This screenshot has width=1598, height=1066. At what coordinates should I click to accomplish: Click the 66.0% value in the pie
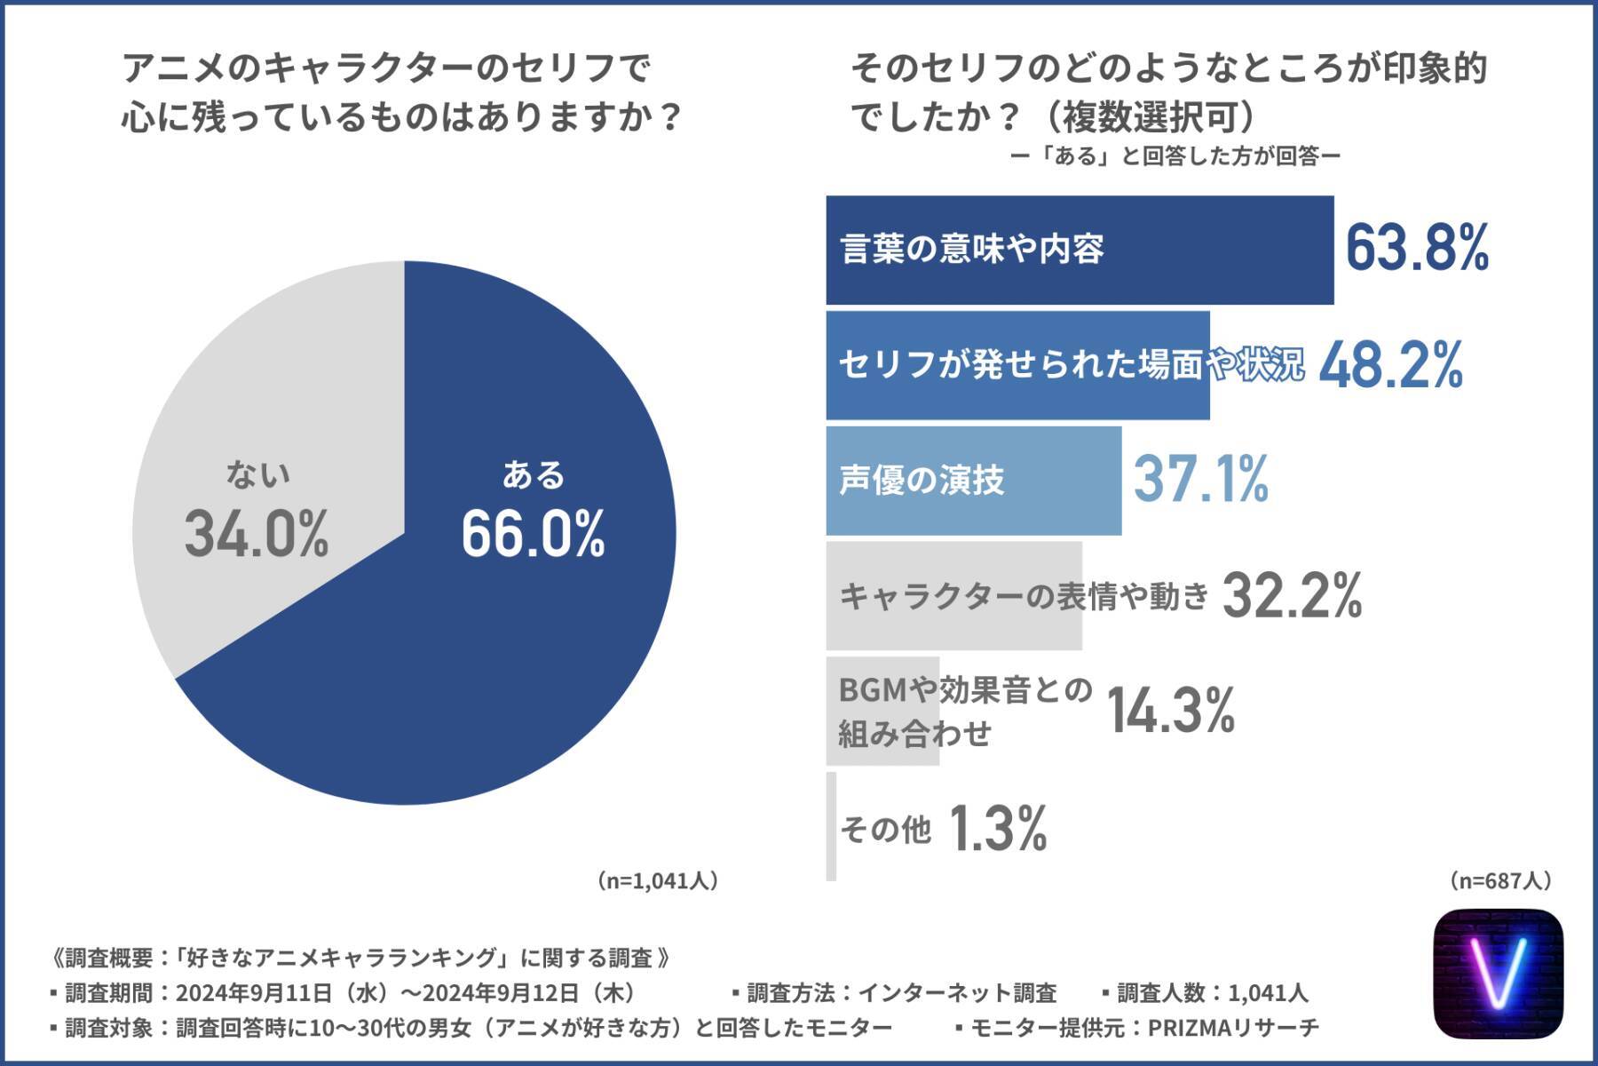pyautogui.click(x=533, y=534)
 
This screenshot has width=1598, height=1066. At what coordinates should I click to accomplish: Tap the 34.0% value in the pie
pyautogui.click(x=257, y=534)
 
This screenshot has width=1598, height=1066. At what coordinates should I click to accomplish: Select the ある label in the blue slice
pyautogui.click(x=533, y=475)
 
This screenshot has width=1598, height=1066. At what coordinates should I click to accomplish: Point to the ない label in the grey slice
pyautogui.click(x=257, y=475)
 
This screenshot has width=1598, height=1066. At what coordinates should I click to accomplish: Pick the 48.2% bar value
pyautogui.click(x=1390, y=365)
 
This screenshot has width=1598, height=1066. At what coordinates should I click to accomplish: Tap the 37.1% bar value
pyautogui.click(x=1201, y=480)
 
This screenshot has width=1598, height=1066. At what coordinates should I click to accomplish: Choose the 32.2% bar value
pyautogui.click(x=1292, y=596)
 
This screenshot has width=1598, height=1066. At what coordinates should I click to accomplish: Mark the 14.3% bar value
pyautogui.click(x=1171, y=711)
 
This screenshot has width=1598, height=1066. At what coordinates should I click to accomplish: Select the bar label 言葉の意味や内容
pyautogui.click(x=972, y=250)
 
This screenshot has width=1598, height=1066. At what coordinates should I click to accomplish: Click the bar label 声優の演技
pyautogui.click(x=922, y=481)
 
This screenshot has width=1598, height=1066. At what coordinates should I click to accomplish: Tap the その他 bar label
pyautogui.click(x=885, y=830)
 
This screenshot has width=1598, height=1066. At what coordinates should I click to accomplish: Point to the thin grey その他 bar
pyautogui.click(x=831, y=826)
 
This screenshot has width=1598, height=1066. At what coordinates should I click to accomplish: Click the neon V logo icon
pyautogui.click(x=1498, y=974)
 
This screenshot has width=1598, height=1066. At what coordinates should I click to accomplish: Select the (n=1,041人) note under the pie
pyautogui.click(x=657, y=880)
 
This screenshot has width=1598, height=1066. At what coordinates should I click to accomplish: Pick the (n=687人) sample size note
pyautogui.click(x=1500, y=880)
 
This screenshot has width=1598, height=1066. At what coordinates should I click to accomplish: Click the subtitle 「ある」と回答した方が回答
pyautogui.click(x=1175, y=157)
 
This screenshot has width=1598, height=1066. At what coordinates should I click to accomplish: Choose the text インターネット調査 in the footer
pyautogui.click(x=957, y=992)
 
